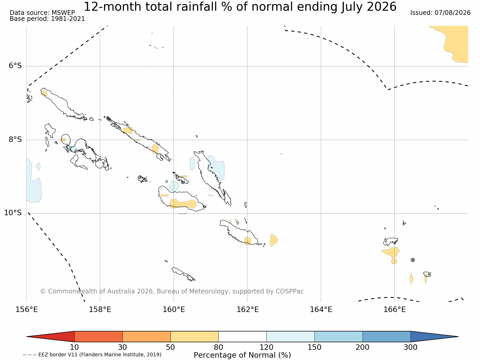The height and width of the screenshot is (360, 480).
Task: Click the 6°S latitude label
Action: click(15, 65)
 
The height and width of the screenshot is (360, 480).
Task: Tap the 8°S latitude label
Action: click(15, 139)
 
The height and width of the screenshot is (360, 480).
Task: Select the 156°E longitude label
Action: click(27, 310)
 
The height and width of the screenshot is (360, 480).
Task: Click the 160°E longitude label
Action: click(174, 310)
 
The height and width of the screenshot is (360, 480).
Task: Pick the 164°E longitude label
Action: click(321, 310)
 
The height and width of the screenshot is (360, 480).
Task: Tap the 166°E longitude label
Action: click(394, 310)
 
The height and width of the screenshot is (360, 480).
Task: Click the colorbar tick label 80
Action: click(218, 347)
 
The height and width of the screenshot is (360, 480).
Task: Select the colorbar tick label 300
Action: click(411, 347)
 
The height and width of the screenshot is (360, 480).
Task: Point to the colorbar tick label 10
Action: click(74, 347)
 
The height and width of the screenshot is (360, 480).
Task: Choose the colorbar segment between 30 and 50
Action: click(146, 337)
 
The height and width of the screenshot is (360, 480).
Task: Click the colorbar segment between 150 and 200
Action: click(339, 337)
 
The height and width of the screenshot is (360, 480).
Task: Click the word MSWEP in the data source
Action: click(63, 13)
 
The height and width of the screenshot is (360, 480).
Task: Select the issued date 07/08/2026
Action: click(453, 13)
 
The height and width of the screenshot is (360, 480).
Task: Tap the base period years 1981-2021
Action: click(68, 19)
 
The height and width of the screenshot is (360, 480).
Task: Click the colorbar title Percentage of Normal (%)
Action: click(242, 355)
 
